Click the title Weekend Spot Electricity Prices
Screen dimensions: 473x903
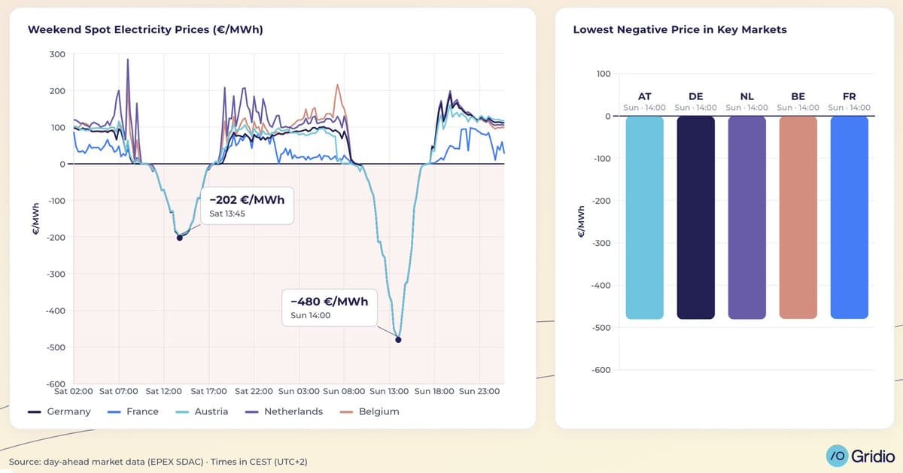coord(144,30)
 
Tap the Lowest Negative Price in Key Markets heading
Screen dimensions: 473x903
coord(680,30)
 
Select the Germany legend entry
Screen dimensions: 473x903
coord(59,411)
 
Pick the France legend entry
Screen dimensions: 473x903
coord(134,411)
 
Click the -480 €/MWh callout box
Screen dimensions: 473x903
coord(329,307)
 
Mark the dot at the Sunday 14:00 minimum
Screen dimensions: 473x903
coord(398,340)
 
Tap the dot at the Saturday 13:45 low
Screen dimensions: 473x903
coord(179,238)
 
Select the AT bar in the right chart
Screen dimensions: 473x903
coord(644,217)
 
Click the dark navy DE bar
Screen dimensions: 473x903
coord(695,217)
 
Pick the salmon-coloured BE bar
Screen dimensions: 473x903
coord(798,217)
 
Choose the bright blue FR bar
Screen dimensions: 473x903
coord(849,217)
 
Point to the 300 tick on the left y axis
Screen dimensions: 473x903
coord(57,54)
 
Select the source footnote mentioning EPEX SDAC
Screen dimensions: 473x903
coord(157,461)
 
